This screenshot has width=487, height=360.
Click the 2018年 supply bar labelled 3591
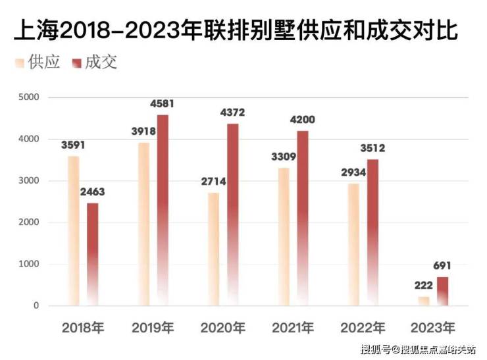73,230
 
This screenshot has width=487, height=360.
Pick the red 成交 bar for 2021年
302,217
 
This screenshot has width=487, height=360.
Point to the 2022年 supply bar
353,244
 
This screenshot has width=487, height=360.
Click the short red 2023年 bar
443,291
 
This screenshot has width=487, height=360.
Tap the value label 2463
92,192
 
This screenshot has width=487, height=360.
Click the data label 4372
234,113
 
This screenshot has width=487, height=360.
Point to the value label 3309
284,157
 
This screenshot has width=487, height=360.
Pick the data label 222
423,286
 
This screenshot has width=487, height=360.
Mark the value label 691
443,266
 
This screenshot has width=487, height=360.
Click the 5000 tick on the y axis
29,97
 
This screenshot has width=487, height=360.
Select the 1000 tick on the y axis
29,265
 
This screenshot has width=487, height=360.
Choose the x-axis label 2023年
432,327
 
